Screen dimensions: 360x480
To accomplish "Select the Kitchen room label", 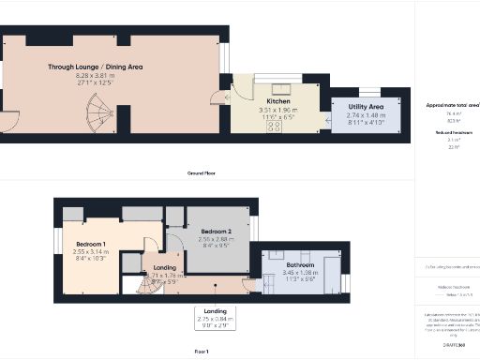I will pyautogui.click(x=277, y=101).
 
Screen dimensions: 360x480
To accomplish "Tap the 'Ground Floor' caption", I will pyautogui.click(x=202, y=172).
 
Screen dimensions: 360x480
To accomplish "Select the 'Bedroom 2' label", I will pyautogui.click(x=216, y=230).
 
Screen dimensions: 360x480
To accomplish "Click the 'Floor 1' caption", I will pyautogui.click(x=202, y=351).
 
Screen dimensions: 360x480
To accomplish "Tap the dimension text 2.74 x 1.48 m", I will pyautogui.click(x=364, y=115).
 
